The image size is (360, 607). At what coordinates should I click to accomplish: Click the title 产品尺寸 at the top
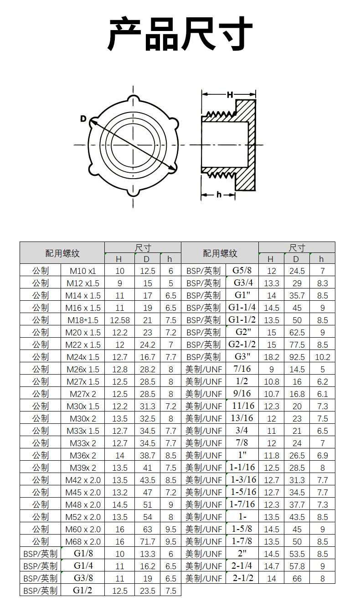(180, 34)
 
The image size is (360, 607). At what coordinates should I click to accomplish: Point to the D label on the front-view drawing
(83, 119)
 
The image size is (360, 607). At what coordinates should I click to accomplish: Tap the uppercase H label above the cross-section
(230, 95)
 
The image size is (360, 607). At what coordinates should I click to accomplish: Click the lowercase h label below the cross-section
(219, 195)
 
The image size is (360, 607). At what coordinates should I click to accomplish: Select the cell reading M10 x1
(82, 271)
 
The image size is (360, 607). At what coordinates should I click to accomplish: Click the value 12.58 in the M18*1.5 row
(119, 320)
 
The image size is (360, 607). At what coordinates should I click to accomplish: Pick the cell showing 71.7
(147, 541)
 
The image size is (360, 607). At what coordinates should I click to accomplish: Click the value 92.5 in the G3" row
(297, 357)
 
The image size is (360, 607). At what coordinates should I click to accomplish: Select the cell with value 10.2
(322, 357)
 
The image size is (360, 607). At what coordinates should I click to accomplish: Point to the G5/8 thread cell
(242, 270)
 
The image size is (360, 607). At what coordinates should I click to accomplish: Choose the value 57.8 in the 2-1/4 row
(297, 566)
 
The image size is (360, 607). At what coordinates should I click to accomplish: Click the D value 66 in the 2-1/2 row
(297, 578)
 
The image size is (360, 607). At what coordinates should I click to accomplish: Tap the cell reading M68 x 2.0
(82, 541)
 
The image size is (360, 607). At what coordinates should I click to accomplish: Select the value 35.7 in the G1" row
(297, 295)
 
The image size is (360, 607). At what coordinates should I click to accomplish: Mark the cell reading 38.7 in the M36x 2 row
(147, 455)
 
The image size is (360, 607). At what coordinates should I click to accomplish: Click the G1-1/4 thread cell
(242, 307)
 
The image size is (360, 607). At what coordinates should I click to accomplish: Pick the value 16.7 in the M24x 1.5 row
(147, 357)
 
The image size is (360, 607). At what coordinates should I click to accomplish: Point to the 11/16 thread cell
(242, 406)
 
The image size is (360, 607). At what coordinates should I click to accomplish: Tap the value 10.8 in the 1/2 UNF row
(272, 381)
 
